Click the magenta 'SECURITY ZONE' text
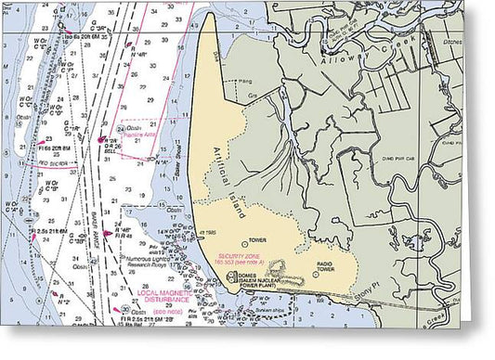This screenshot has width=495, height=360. click(239, 254)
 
